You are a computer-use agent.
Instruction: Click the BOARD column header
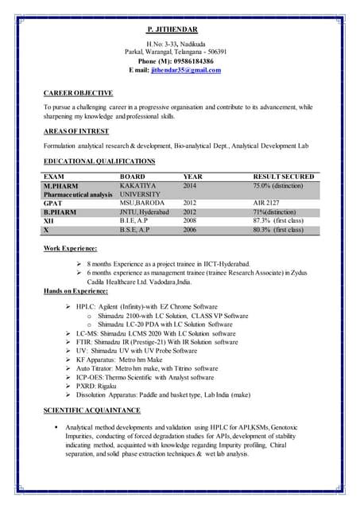[132, 177]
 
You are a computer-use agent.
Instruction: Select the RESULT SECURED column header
[283, 177]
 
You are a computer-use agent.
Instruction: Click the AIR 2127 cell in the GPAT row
[268, 203]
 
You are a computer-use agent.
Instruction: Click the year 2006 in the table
[189, 230]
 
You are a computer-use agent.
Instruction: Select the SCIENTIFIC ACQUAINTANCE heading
[91, 410]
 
